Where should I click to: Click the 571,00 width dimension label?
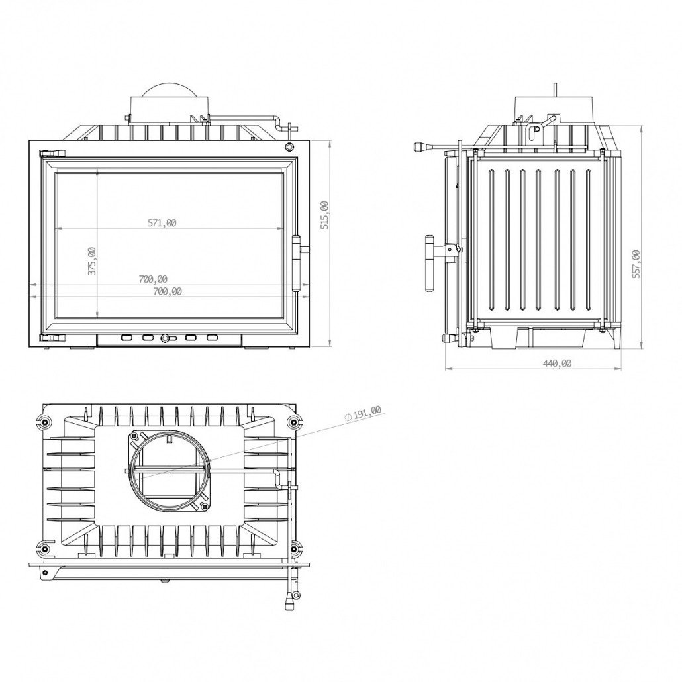162,223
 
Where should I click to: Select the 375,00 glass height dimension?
92,260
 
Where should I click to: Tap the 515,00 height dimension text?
324,215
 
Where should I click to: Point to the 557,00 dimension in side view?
636,264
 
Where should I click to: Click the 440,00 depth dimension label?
557,364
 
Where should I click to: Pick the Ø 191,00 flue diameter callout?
363,413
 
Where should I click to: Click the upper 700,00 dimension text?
153,279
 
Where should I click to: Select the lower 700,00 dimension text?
168,291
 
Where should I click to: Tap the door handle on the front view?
297,263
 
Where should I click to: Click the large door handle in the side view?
430,263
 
